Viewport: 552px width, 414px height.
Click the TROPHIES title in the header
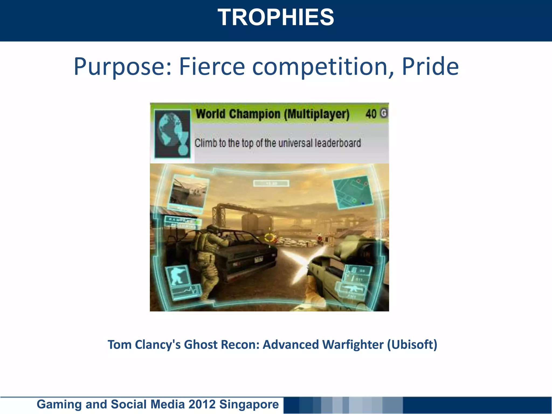(x=276, y=18)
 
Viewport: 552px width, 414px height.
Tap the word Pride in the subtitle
(x=430, y=67)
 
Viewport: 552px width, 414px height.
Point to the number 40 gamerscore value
(x=371, y=114)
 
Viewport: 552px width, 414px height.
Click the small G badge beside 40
(x=384, y=113)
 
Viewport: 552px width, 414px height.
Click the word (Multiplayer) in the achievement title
(x=317, y=114)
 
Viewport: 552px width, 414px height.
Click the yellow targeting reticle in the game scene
(x=270, y=237)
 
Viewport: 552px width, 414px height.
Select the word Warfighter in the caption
(x=353, y=345)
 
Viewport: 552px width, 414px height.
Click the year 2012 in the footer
(x=202, y=404)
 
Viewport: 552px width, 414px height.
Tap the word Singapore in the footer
(x=249, y=404)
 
